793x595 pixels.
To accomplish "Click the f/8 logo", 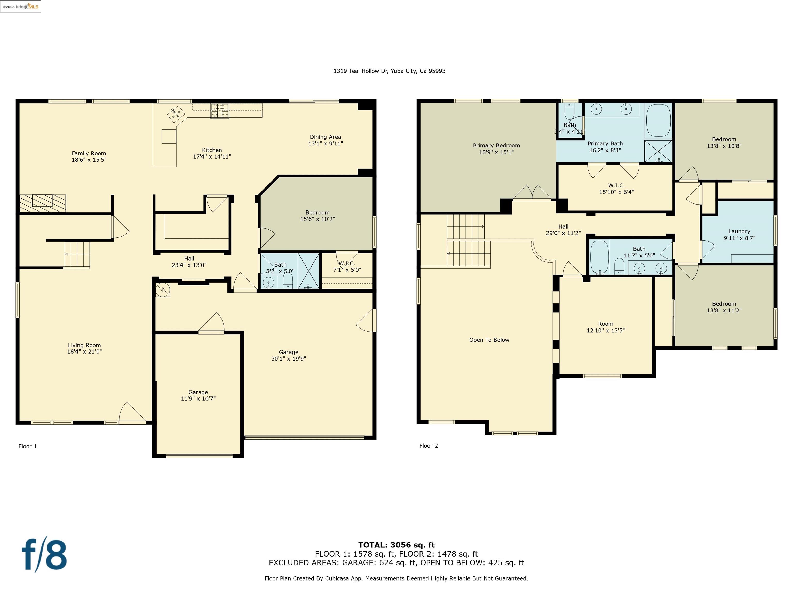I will [44, 554].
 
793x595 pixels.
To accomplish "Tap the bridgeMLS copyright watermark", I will [20, 6].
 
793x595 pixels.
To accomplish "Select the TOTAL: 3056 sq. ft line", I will [396, 545].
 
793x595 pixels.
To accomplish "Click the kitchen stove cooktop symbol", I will [219, 111].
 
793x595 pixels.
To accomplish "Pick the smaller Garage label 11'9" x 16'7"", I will [198, 395].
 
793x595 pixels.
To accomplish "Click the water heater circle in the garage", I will [162, 289].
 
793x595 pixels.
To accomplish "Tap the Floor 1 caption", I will [28, 446].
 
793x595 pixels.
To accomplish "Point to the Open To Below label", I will [489, 340].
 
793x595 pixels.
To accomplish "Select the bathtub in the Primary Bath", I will [658, 121].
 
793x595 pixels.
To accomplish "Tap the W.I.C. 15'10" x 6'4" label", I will [616, 189].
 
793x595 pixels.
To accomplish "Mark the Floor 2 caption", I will [429, 446].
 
